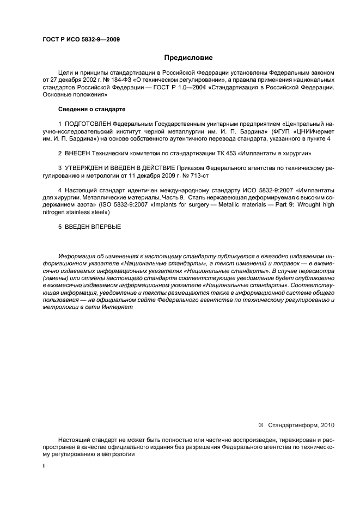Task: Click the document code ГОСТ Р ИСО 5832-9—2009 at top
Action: [81, 39]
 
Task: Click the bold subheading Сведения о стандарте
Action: [91, 110]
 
